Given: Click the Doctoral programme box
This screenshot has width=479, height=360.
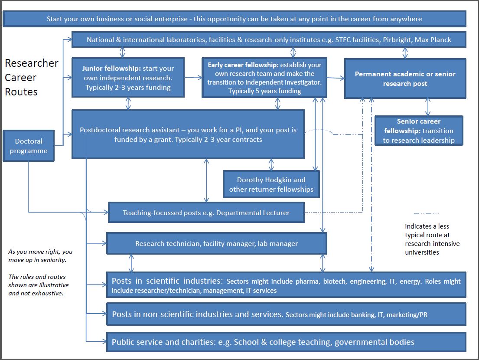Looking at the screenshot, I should [29, 146].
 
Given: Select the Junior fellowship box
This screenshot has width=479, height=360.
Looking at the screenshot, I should [128, 78].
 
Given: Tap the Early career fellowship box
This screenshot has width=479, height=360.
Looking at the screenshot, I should [264, 78].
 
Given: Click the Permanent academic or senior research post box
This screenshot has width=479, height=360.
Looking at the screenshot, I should [405, 79].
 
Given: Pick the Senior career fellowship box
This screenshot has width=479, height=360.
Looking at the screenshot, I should [419, 131].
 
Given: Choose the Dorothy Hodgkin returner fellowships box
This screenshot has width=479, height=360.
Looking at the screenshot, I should [271, 184].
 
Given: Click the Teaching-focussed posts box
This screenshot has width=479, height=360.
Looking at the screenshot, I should [206, 213].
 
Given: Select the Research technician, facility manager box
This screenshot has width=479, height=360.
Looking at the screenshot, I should [216, 243].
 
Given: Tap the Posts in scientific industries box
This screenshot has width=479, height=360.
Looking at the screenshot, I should [286, 285].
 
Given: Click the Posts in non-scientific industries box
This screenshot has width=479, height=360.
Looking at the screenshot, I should [286, 314].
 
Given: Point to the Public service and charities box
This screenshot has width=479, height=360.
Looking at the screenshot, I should [286, 342].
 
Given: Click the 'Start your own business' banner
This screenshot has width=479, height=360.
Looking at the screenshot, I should [234, 19].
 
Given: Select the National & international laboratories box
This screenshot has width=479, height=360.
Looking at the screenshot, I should [269, 39].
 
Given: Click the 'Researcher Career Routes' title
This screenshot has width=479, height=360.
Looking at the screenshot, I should [31, 77].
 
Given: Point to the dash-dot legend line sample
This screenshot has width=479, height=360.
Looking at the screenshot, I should [427, 213].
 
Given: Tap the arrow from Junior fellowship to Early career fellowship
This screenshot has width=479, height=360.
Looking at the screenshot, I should [193, 78].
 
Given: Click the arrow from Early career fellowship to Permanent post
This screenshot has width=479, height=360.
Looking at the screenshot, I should [336, 78].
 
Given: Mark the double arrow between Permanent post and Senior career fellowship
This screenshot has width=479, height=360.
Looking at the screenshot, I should [428, 107].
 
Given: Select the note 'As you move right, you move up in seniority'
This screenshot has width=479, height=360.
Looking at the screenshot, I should [40, 255].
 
